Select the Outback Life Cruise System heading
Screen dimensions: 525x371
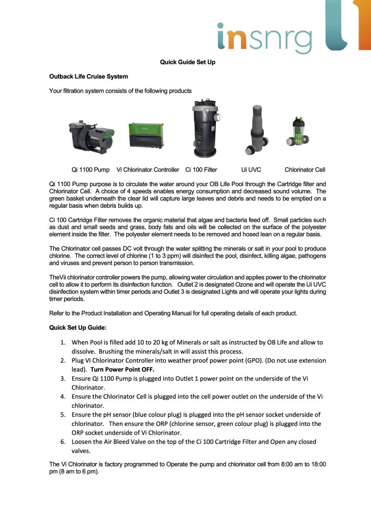pos(88,76)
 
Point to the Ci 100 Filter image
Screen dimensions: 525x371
pos(205,128)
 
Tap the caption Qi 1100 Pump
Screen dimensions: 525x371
pos(90,170)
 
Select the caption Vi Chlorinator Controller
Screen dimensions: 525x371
pos(148,170)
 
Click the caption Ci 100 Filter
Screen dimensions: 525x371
pos(201,170)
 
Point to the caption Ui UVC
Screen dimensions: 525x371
pos(251,170)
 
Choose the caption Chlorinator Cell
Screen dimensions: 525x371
pos(305,170)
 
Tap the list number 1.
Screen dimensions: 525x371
pos(63,342)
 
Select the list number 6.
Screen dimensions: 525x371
pos(63,442)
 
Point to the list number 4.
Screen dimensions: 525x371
pos(63,396)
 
